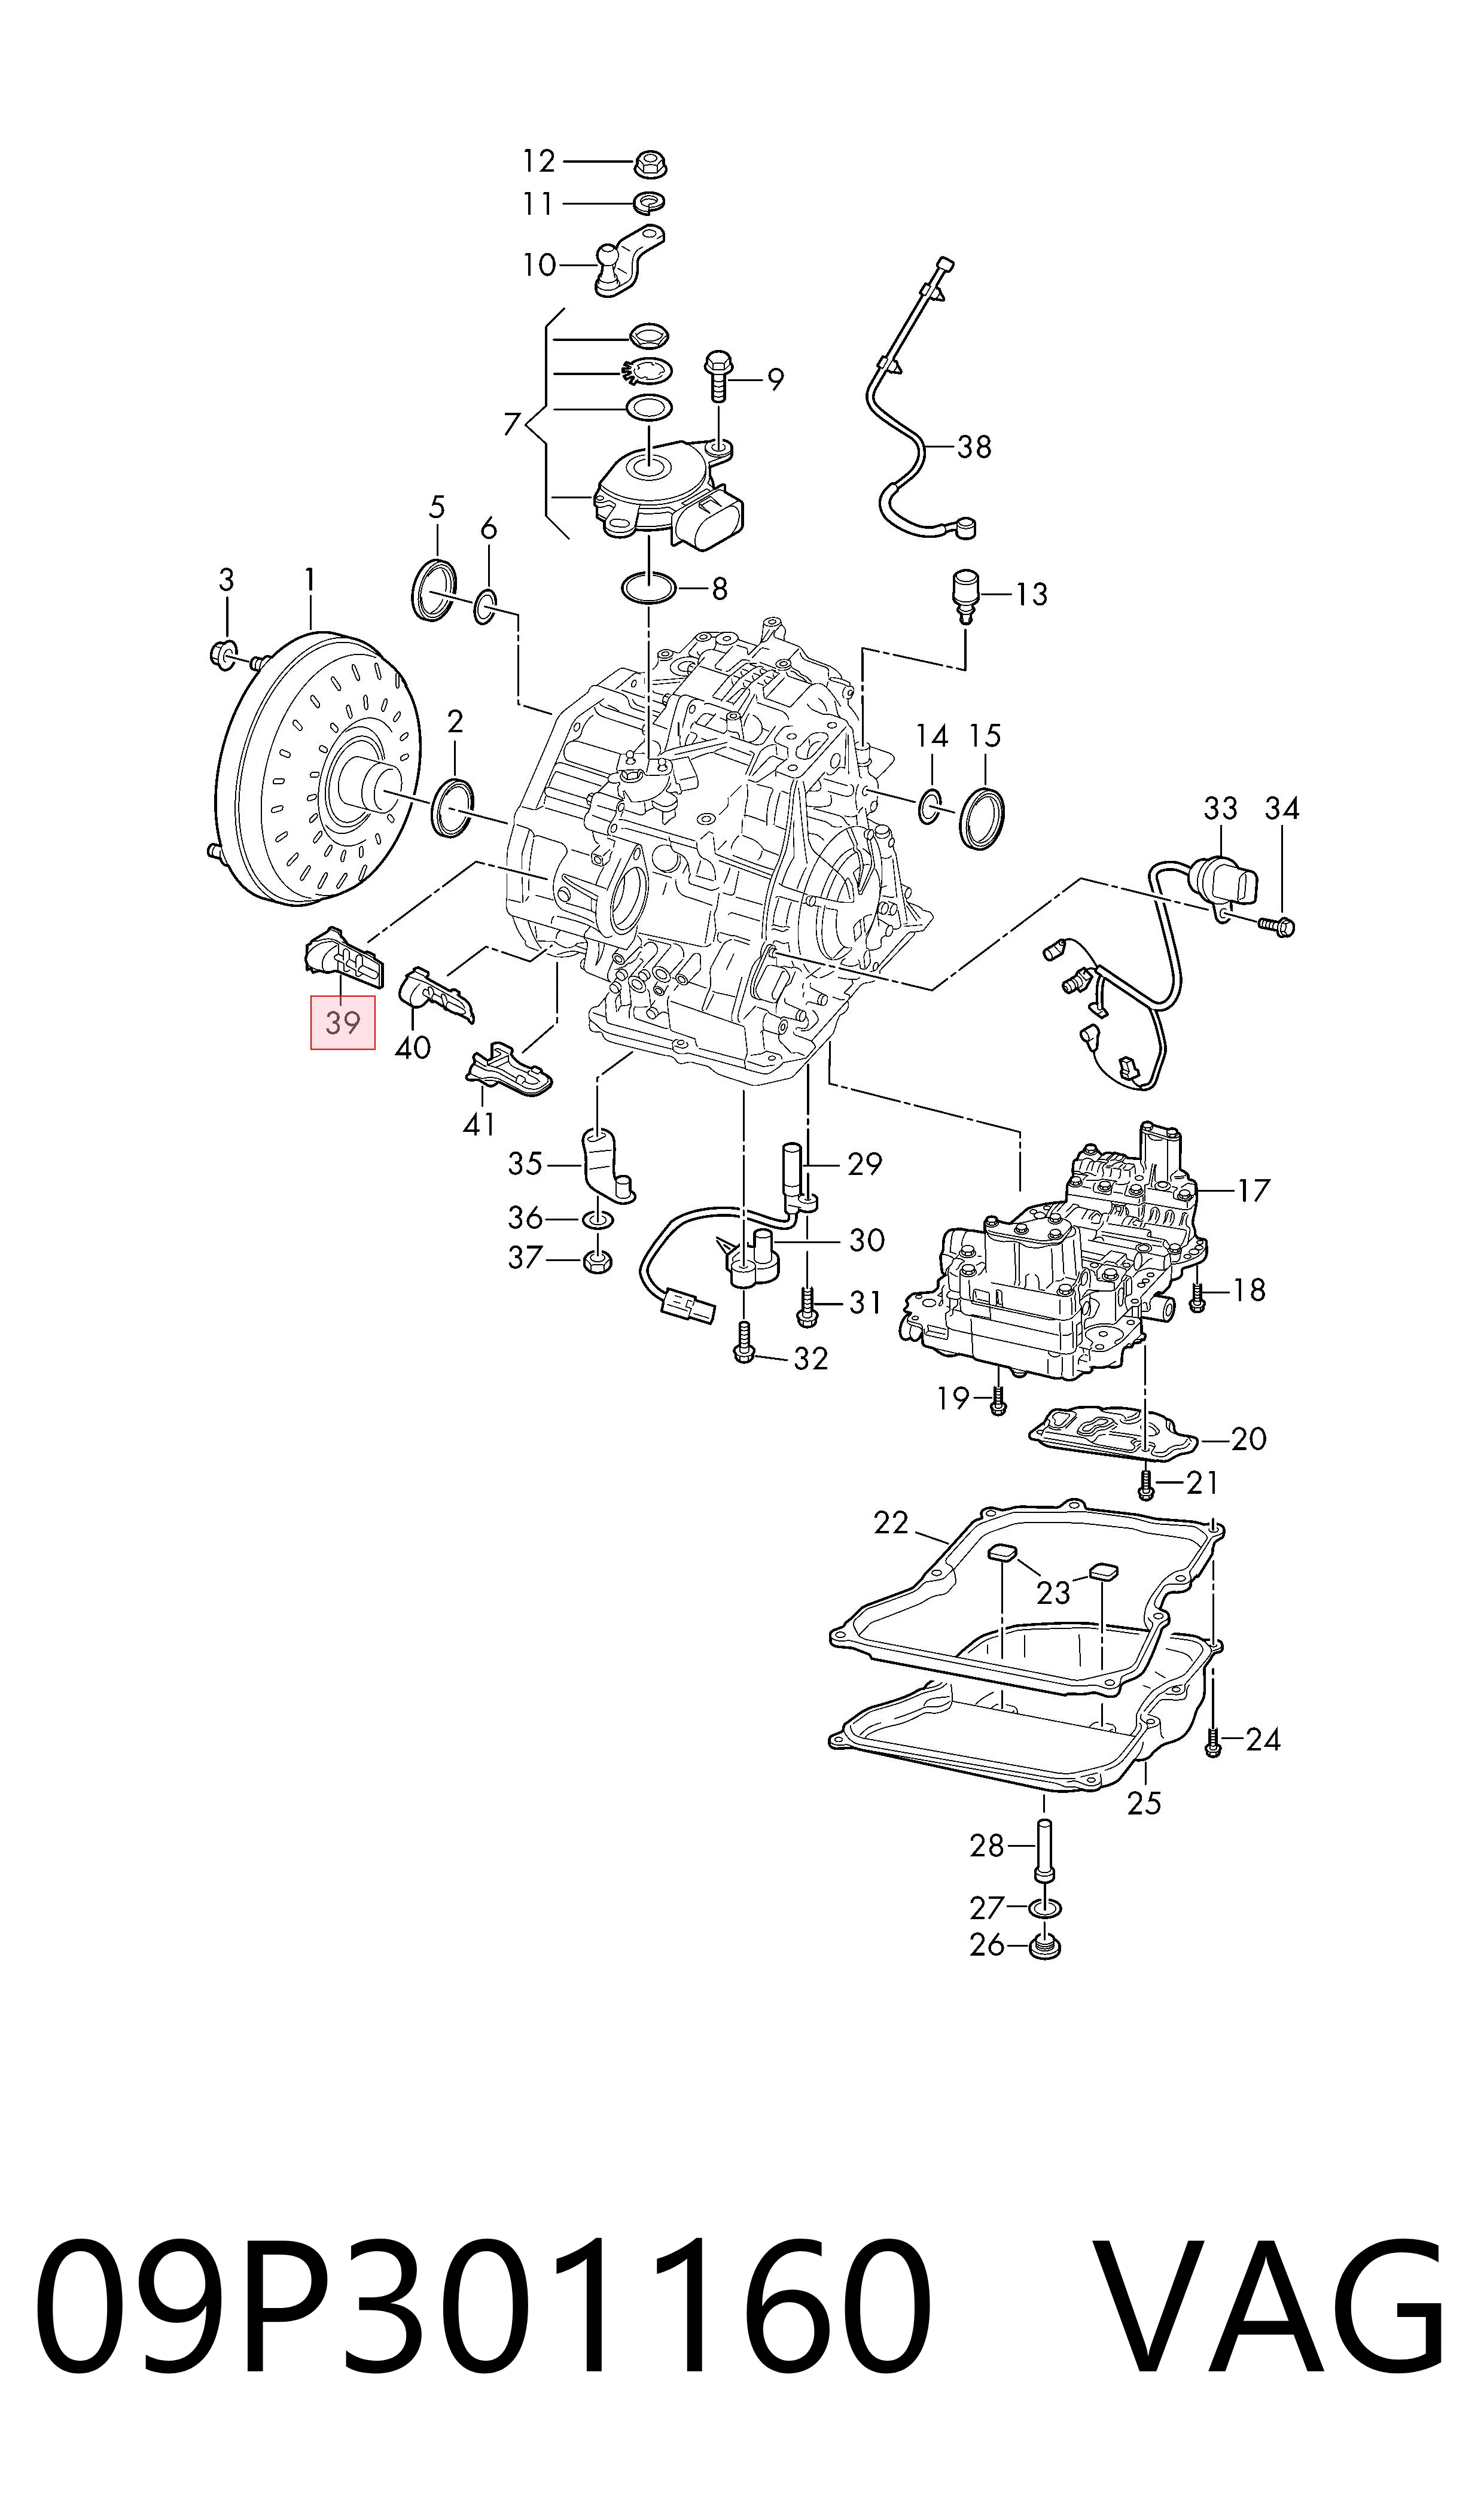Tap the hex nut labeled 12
(651, 162)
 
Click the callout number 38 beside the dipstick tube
(974, 446)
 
